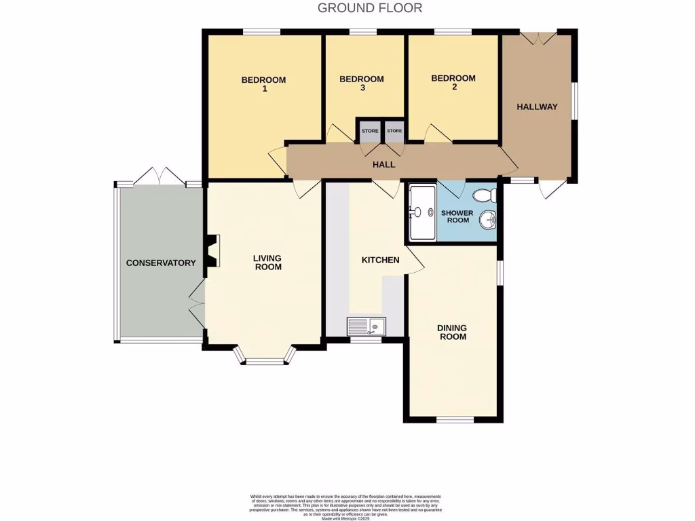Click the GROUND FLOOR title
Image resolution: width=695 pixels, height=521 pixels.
370,8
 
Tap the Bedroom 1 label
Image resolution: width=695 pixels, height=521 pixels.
263,84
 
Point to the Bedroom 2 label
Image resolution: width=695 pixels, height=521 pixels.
453,82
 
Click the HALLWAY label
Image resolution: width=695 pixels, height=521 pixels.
537,107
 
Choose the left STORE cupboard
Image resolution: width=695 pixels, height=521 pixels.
370,130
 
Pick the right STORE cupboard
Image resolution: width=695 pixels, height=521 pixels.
394,130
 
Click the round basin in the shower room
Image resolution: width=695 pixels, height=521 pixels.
488,220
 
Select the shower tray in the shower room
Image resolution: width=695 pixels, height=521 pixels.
422,212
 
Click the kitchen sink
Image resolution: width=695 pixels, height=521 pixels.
366,327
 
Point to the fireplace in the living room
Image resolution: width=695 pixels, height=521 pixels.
213,250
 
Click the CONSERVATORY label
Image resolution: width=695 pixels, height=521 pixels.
161,263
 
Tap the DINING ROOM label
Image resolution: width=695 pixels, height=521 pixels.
452,332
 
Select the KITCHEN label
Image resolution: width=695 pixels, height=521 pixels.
380,260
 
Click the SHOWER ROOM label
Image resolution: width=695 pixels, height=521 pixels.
457,216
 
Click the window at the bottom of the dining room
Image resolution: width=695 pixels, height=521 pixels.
454,420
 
